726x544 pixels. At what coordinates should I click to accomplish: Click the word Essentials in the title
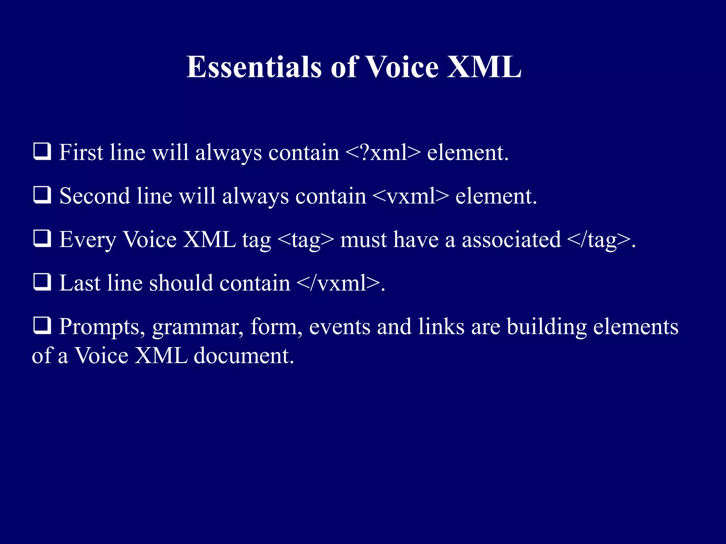click(254, 67)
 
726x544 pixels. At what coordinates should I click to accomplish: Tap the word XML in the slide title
click(484, 67)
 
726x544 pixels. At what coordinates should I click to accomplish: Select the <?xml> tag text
click(383, 153)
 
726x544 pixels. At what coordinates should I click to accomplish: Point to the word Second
click(95, 196)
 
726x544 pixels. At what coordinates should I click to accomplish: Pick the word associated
click(511, 240)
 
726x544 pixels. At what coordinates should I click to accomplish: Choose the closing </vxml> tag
click(338, 283)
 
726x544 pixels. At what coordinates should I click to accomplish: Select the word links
click(441, 327)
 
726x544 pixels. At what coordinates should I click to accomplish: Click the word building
click(547, 327)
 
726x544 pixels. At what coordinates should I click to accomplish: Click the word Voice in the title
click(402, 67)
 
